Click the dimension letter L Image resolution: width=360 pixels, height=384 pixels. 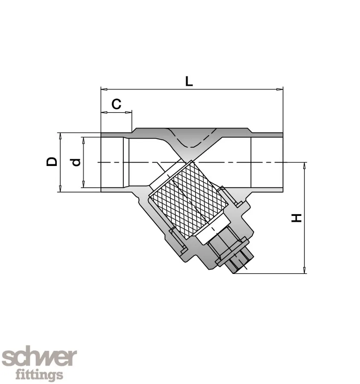[189, 81]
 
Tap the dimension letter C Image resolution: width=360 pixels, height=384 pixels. [116, 104]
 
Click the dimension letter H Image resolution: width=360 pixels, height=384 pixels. [296, 218]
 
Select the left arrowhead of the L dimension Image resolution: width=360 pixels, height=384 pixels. [103, 90]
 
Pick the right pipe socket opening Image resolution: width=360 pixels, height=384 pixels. [267, 162]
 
